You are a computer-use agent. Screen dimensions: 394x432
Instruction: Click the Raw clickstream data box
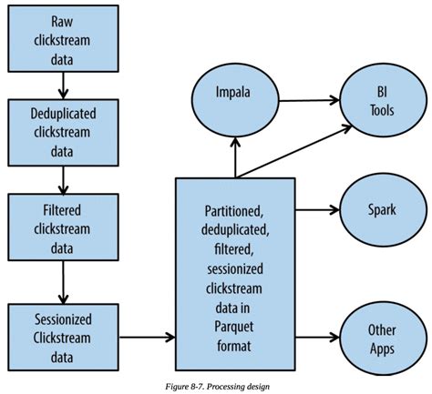point(61,40)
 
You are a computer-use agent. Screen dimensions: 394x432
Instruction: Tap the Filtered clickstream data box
point(61,230)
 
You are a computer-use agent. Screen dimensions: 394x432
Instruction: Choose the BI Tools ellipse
point(377,102)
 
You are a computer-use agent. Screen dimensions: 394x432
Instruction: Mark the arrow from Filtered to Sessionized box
point(61,283)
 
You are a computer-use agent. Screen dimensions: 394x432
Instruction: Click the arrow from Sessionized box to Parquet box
point(146,337)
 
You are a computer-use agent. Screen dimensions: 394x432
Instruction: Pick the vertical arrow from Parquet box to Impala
point(235,155)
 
